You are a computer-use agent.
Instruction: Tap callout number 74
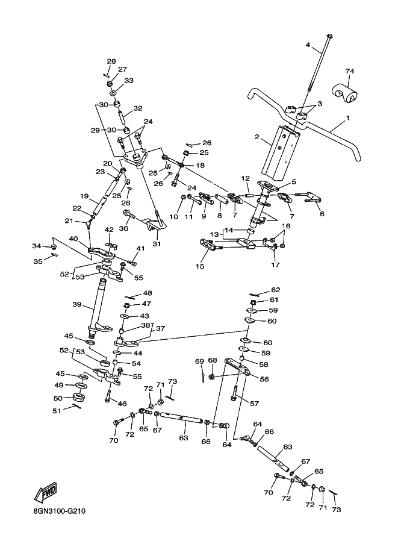[349, 71]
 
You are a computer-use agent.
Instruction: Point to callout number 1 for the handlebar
[348, 119]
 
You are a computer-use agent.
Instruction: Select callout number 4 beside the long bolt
[307, 45]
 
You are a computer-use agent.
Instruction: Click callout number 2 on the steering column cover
[257, 138]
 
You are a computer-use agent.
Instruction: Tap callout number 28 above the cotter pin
[111, 61]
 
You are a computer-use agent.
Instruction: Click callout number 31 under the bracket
[157, 243]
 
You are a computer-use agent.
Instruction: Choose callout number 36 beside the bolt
[124, 228]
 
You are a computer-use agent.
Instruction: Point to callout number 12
[245, 178]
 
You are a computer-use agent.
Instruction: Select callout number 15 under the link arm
[199, 266]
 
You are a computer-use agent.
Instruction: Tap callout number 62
[275, 289]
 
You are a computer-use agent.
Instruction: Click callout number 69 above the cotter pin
[199, 361]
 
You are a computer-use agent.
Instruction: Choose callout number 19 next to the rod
[84, 196]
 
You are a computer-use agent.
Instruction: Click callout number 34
[36, 246]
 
